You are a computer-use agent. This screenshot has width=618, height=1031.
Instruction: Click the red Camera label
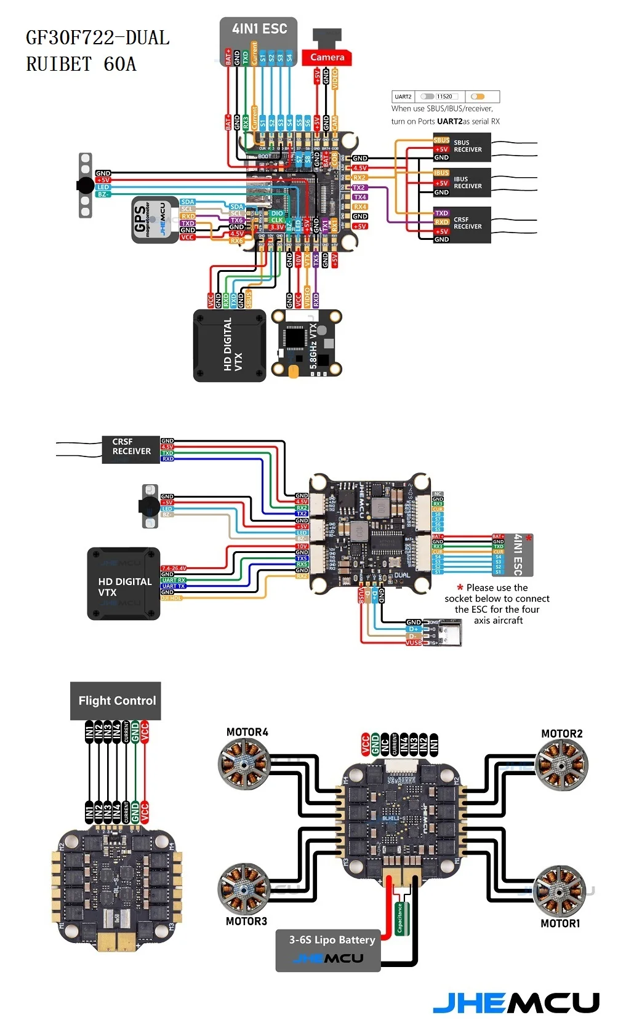pyautogui.click(x=327, y=57)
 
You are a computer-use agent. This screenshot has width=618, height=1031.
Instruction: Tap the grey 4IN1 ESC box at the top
pyautogui.click(x=259, y=33)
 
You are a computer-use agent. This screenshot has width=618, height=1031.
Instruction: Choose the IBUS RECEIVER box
pyautogui.click(x=462, y=183)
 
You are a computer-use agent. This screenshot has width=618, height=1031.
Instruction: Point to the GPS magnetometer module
pyautogui.click(x=154, y=220)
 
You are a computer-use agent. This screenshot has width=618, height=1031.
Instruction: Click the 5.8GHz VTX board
pyautogui.click(x=307, y=343)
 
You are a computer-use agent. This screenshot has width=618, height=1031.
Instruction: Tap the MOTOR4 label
pyautogui.click(x=247, y=732)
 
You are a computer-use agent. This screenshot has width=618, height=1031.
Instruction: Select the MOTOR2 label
pyautogui.click(x=561, y=733)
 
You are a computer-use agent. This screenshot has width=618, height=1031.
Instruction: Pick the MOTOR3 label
pyautogui.click(x=246, y=921)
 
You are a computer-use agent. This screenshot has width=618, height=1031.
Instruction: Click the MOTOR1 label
pyautogui.click(x=560, y=923)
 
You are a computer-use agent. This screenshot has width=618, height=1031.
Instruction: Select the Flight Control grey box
pyautogui.click(x=116, y=701)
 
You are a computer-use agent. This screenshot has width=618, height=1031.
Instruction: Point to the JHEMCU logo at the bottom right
pyautogui.click(x=516, y=1003)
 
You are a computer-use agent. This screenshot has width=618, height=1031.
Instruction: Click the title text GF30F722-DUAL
pyautogui.click(x=97, y=38)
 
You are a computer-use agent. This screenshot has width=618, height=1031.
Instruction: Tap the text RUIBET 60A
pyautogui.click(x=81, y=64)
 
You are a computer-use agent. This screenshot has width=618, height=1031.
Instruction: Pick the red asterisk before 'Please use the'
pyautogui.click(x=460, y=587)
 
